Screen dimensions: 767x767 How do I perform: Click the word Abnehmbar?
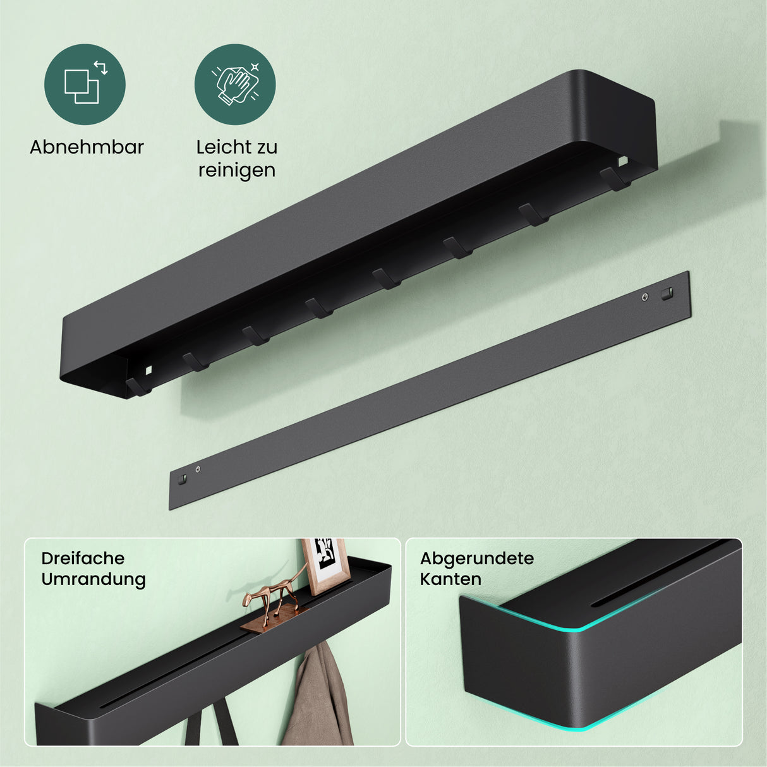(x=87, y=147)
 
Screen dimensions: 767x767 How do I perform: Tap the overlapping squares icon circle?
(x=85, y=85)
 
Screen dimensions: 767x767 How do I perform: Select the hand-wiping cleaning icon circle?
(x=235, y=85)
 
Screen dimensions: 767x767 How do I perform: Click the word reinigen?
(x=237, y=171)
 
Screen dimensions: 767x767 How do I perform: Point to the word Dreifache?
(x=83, y=559)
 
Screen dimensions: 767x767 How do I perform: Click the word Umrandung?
(x=94, y=579)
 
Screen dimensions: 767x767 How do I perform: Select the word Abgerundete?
(x=477, y=559)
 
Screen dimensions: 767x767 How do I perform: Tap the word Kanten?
(x=450, y=579)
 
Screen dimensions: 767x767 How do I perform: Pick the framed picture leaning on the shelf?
(x=325, y=566)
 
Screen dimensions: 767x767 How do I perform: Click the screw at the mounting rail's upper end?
(x=645, y=296)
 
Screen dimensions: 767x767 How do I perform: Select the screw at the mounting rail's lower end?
(x=198, y=469)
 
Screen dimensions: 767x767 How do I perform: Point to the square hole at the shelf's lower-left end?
(x=148, y=370)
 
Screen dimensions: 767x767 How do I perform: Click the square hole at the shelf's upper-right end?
(x=622, y=161)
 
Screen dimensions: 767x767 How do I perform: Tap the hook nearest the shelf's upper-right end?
(x=614, y=178)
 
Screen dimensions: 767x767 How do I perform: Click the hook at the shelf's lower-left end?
(x=138, y=387)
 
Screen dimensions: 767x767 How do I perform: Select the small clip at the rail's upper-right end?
(x=667, y=294)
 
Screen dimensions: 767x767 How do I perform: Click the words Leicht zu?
(x=237, y=147)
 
